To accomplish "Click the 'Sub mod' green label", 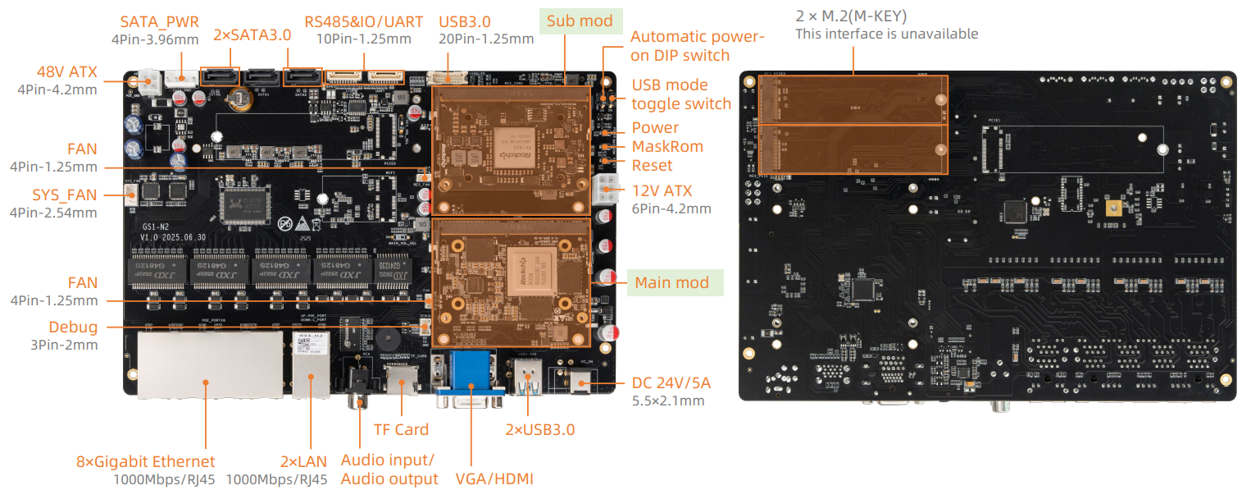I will (580, 21).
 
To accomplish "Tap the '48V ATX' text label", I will (67, 71).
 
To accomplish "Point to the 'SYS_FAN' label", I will (64, 195).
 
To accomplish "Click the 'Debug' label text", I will (73, 327).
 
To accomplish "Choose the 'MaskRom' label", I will (667, 147).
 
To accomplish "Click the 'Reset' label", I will (652, 165).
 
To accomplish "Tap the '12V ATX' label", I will (662, 191).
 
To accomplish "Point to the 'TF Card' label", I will (401, 429).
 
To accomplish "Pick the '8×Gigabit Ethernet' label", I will (144, 461).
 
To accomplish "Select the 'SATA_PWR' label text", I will (159, 22).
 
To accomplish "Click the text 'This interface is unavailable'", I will (886, 34).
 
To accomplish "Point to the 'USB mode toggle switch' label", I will (680, 94).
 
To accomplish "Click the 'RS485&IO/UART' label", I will (362, 21).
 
